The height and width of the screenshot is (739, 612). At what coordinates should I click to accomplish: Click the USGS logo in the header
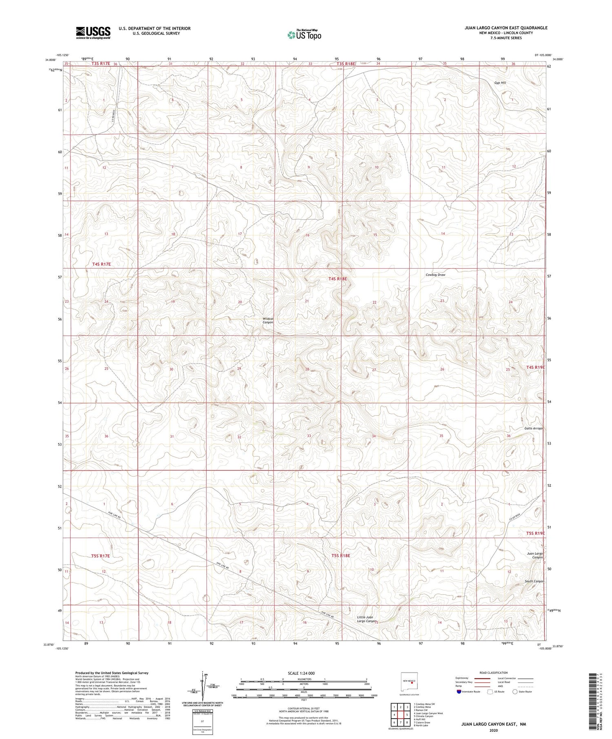pyautogui.click(x=93, y=32)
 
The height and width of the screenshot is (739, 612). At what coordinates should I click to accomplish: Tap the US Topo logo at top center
pyautogui.click(x=304, y=35)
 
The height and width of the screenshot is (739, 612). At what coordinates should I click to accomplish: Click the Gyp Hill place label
pyautogui.click(x=500, y=83)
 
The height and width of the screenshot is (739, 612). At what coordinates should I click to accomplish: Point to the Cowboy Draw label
pyautogui.click(x=435, y=275)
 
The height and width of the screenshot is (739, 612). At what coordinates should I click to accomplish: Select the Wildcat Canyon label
pyautogui.click(x=268, y=320)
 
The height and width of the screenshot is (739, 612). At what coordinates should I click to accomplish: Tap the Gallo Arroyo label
pyautogui.click(x=533, y=428)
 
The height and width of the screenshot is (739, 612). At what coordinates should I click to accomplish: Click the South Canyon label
pyautogui.click(x=534, y=581)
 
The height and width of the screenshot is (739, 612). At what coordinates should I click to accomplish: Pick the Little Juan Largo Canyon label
pyautogui.click(x=365, y=619)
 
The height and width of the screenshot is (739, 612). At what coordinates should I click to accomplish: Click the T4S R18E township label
pyautogui.click(x=337, y=279)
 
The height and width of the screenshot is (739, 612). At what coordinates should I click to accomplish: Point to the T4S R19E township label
pyautogui.click(x=535, y=367)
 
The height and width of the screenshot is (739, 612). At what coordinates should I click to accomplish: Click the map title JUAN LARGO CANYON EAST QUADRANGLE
pyautogui.click(x=506, y=28)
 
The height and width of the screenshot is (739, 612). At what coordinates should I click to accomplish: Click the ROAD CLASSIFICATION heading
pyautogui.click(x=494, y=673)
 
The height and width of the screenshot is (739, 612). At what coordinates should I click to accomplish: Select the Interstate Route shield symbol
pyautogui.click(x=459, y=692)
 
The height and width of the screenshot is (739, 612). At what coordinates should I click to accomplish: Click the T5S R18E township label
pyautogui.click(x=341, y=556)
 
